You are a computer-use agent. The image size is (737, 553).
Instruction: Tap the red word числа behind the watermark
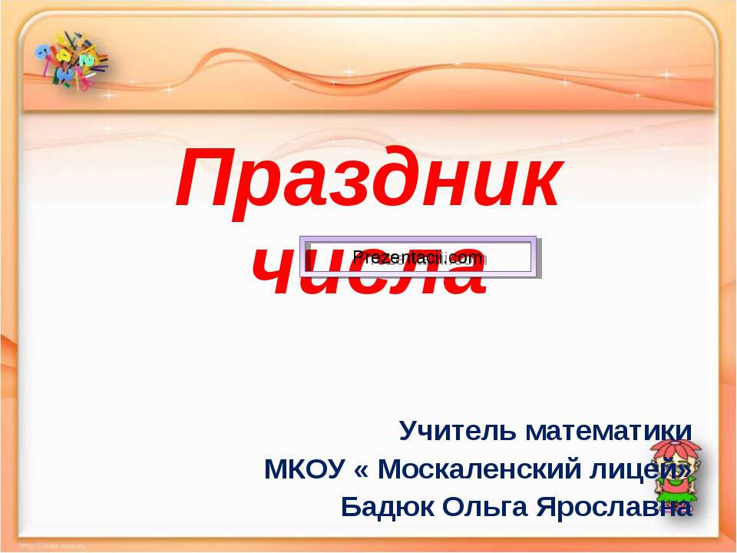[368, 276]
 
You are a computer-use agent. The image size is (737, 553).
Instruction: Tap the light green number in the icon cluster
[88, 58]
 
